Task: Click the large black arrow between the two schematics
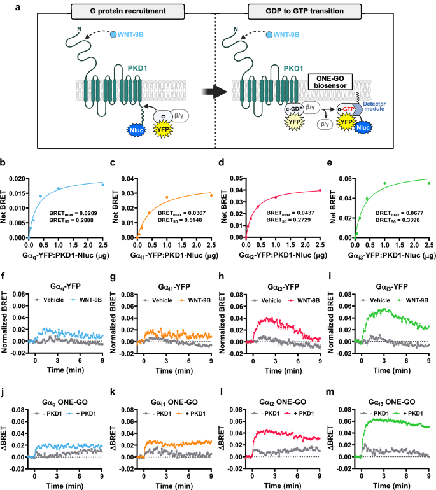point(218,92)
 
